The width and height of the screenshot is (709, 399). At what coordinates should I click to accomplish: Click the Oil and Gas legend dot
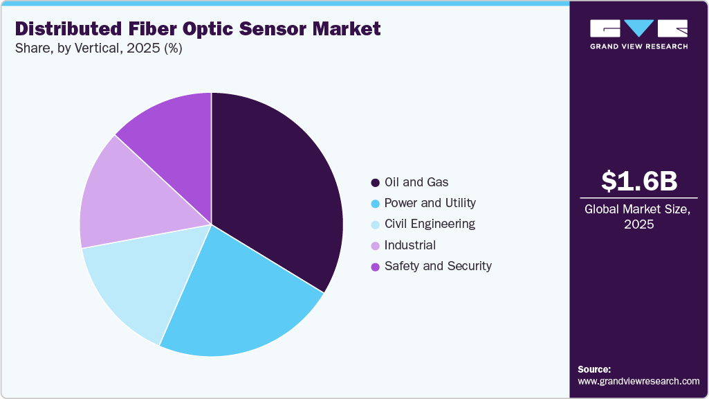point(376,182)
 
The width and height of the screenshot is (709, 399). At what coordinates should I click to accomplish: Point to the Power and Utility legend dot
point(376,204)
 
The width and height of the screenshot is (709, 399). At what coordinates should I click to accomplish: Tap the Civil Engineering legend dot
point(376,224)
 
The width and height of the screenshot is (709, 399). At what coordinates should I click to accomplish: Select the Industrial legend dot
point(376,246)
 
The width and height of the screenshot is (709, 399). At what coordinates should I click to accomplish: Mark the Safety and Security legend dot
point(376,267)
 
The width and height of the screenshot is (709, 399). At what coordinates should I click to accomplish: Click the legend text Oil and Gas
point(416,182)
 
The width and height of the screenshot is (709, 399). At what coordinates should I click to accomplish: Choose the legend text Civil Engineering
point(430,224)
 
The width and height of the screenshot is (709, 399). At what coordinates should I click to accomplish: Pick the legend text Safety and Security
point(438,266)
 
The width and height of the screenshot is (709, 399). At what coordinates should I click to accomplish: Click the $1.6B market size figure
point(639,181)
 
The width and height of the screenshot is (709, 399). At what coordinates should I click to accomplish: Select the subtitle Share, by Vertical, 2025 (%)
point(99,48)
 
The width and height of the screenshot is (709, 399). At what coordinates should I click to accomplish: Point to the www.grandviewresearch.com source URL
point(638,382)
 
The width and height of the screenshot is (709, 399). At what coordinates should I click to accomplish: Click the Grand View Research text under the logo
point(639,46)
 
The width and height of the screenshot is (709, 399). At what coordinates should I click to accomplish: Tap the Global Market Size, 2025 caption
point(638,217)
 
